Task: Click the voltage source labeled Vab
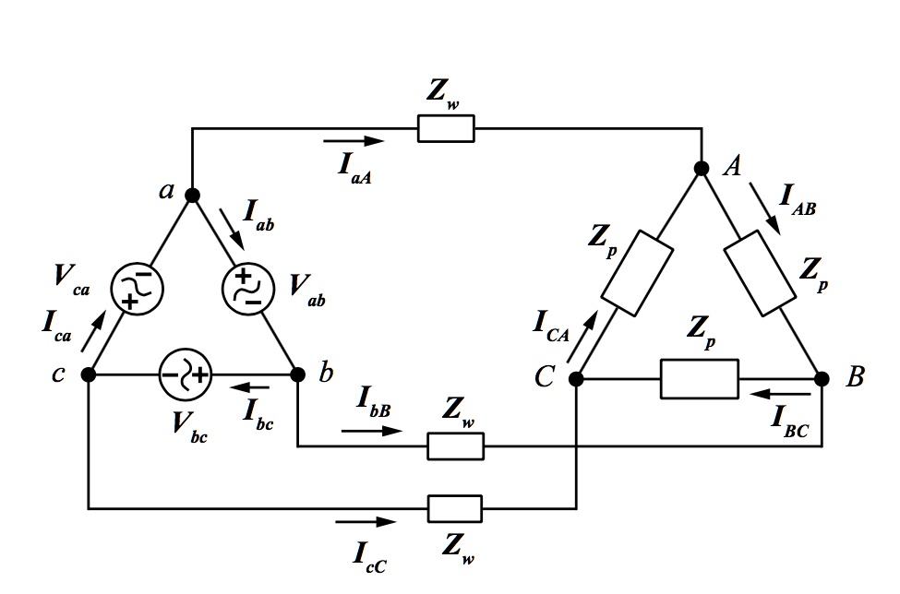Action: click(x=248, y=289)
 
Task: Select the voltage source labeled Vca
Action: click(x=137, y=289)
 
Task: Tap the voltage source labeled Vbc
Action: click(x=186, y=375)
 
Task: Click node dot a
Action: click(x=192, y=196)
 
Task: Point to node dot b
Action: click(x=297, y=375)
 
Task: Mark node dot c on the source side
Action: click(x=89, y=375)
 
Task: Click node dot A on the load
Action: click(x=702, y=168)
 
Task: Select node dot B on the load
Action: click(x=822, y=379)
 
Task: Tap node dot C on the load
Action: click(x=576, y=379)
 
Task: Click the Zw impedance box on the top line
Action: click(x=446, y=128)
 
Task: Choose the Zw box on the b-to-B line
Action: click(x=456, y=446)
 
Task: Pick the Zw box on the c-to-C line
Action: click(x=455, y=508)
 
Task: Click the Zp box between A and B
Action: click(x=760, y=273)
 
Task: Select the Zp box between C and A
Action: click(x=637, y=273)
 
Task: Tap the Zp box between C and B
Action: click(x=700, y=379)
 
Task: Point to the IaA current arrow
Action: click(x=354, y=140)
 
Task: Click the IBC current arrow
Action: click(x=781, y=395)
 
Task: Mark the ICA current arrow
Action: click(x=582, y=337)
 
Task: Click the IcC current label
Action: click(x=369, y=557)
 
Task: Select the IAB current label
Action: click(x=798, y=199)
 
